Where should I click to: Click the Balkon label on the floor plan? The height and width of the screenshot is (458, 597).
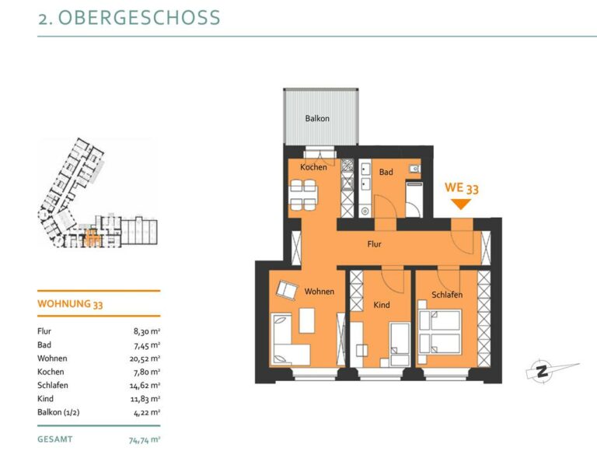317,118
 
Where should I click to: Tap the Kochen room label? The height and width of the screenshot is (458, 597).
313,167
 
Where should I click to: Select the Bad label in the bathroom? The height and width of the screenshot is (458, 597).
386,172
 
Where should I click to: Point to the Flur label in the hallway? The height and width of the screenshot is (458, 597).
374,244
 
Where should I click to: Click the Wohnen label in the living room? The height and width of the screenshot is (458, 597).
319,292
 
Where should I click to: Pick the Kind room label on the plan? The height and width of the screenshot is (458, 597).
381,305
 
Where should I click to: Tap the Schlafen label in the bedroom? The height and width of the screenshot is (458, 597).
447,295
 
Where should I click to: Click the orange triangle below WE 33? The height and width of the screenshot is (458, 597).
461,205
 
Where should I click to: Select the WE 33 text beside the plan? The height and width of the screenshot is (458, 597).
462,187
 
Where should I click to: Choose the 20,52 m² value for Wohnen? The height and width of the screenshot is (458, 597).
145,358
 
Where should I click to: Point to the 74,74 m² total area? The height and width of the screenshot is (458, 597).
145,440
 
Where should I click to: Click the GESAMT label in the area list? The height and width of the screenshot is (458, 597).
55,439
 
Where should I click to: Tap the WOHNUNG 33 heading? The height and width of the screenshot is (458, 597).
70,304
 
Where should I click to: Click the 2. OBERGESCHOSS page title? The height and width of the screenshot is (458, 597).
129,18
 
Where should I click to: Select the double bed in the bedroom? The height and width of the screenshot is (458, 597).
440,332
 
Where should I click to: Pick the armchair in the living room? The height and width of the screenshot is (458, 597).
287,290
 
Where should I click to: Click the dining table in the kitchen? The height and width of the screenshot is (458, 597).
303,195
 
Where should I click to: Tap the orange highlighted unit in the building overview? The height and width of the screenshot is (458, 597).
93,239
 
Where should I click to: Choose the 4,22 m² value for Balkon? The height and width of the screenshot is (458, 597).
147,412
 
